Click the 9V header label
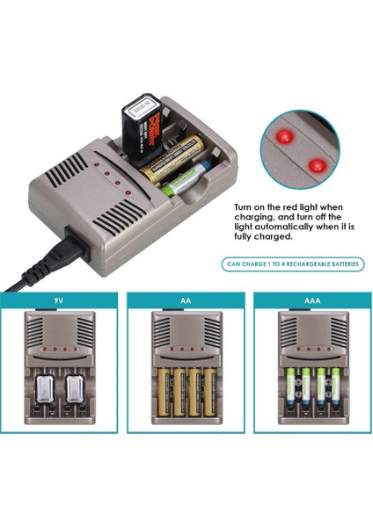(58, 300)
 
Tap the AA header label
(186, 300)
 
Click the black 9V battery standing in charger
(144, 126)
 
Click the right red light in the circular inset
(315, 163)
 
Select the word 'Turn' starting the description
(245, 208)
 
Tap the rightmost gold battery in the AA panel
(208, 392)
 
